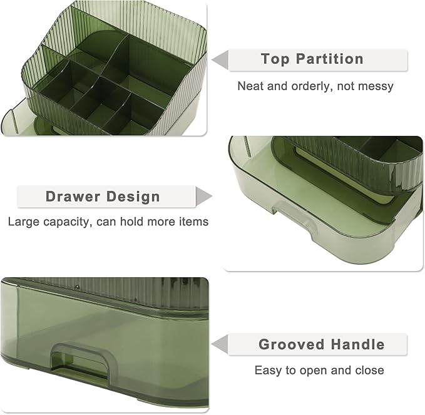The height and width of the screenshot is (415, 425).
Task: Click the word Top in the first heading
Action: coord(275,59)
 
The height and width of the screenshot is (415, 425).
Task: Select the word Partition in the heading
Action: coord(330,59)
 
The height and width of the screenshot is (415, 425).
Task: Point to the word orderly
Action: coord(311,86)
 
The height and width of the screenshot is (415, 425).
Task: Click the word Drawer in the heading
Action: coord(73,197)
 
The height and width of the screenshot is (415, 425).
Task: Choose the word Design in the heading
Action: coord(133,197)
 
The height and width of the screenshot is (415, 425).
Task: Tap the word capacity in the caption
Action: coord(66,222)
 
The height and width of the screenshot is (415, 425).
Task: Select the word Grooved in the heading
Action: coord(292,344)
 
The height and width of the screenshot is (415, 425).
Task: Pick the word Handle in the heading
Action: coord(358,344)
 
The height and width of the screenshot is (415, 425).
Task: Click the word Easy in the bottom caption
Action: coord(268,371)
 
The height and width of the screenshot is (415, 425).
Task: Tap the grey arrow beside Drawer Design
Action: coord(203,197)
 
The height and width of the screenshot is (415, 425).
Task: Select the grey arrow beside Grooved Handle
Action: coord(221,344)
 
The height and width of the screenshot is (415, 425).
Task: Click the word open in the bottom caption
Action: coord(314,371)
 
